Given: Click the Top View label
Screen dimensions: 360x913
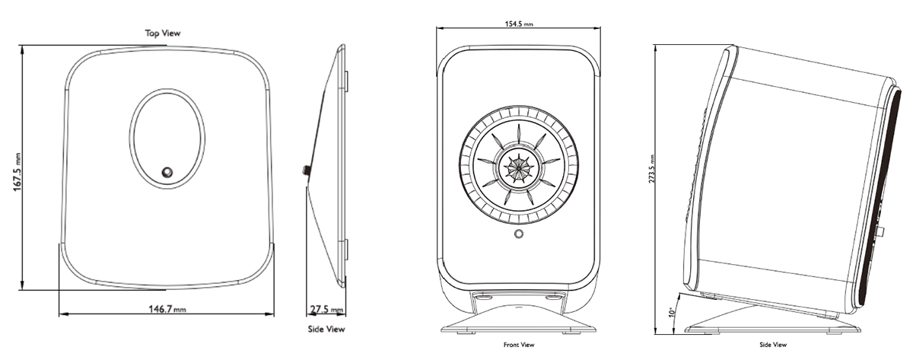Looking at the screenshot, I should tap(163, 33).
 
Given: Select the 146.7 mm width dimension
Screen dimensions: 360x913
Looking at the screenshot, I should tap(166, 309).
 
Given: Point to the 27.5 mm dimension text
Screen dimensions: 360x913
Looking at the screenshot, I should tap(326, 310).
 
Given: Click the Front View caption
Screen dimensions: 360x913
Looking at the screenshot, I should tap(519, 345).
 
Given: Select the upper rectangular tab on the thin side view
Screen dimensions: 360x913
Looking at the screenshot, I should tap(346, 80).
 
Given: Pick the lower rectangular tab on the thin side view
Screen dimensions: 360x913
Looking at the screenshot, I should tap(346, 251).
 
